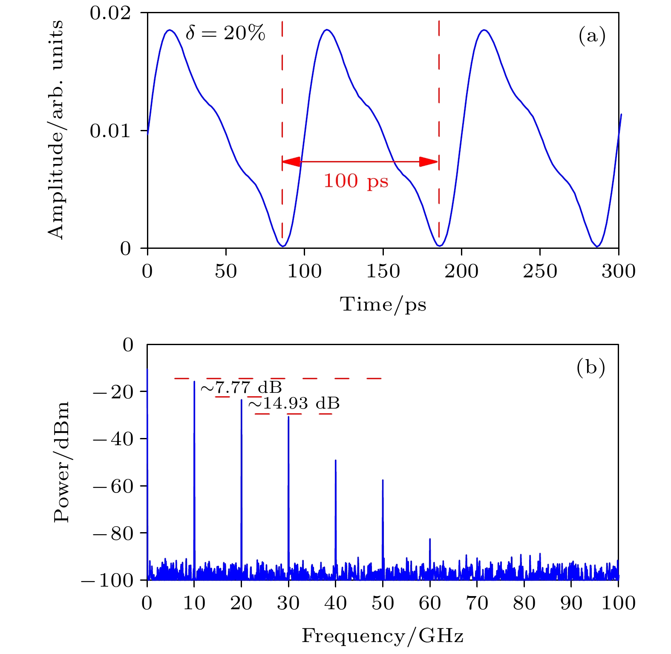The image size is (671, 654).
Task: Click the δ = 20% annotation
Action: [225, 33]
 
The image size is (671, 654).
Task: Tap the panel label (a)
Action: [592, 36]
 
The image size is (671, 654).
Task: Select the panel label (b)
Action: [590, 367]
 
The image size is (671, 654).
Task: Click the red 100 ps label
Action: [356, 181]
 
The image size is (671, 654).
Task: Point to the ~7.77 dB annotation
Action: [241, 388]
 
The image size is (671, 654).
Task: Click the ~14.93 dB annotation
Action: [294, 403]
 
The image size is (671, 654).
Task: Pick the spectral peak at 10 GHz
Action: [194, 382]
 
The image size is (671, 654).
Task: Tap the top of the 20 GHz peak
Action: [242, 400]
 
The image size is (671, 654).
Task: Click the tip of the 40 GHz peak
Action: [336, 461]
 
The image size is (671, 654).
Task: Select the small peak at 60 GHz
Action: [430, 539]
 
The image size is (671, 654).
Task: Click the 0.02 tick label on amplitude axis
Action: [109, 13]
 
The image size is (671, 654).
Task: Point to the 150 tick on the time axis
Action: [383, 271]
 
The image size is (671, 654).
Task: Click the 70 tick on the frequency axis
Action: [477, 603]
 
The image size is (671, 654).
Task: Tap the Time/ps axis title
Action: [383, 305]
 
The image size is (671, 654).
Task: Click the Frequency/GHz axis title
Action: [383, 636]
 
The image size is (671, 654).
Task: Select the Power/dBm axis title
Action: [61, 462]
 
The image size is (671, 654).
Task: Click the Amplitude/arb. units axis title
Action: [56, 130]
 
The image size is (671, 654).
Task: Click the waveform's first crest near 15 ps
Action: [170, 30]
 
